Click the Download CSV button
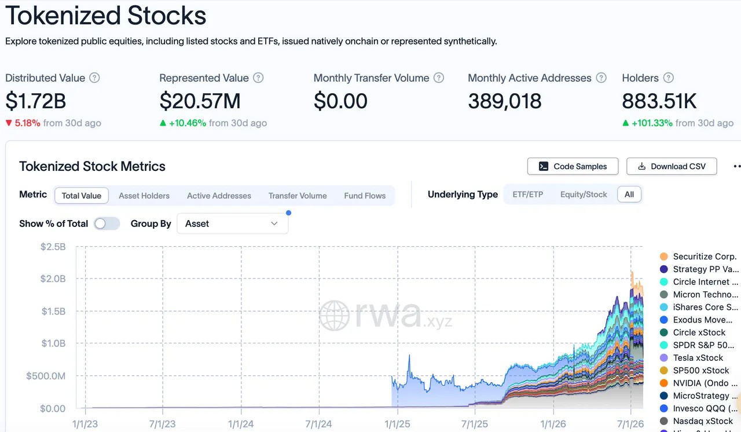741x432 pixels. click(x=672, y=166)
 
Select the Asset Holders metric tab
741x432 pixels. click(x=144, y=196)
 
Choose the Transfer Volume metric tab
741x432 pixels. click(x=298, y=196)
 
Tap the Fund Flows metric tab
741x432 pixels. click(x=365, y=196)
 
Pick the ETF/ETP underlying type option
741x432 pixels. click(x=527, y=195)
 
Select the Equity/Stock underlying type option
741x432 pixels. click(x=584, y=195)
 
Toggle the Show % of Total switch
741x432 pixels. click(x=107, y=224)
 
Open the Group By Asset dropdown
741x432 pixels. click(x=232, y=224)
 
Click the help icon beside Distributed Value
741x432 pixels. click(x=94, y=78)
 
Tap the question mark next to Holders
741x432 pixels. click(x=668, y=78)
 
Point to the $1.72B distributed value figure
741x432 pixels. click(x=36, y=101)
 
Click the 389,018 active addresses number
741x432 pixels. click(x=504, y=101)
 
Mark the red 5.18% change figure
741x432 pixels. click(x=27, y=123)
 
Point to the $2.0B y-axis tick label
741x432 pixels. click(x=53, y=279)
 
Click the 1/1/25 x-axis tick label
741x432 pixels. click(x=397, y=424)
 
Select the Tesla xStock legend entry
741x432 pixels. click(x=698, y=357)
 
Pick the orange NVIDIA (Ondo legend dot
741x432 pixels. click(x=663, y=383)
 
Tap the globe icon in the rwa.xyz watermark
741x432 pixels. click(x=334, y=315)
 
